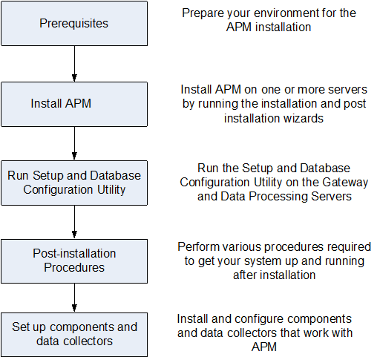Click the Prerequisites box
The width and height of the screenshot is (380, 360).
(x=74, y=24)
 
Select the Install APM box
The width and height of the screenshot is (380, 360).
(x=74, y=103)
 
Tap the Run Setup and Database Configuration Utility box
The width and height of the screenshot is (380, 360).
(x=74, y=183)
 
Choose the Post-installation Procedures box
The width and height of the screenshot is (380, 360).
(x=74, y=260)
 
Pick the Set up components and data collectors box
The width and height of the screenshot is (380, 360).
(x=74, y=334)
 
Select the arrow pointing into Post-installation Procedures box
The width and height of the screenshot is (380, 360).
(x=74, y=221)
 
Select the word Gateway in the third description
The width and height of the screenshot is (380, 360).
(x=324, y=182)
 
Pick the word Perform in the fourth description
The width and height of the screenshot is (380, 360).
(x=197, y=246)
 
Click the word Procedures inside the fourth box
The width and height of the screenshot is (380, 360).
(x=74, y=266)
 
